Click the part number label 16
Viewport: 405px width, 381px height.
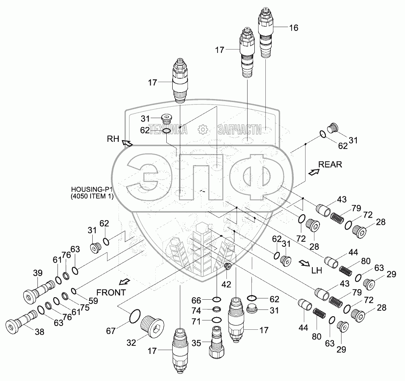(294, 28)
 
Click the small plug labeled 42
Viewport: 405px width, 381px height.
(227, 266)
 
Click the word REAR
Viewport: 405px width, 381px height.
(330, 165)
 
